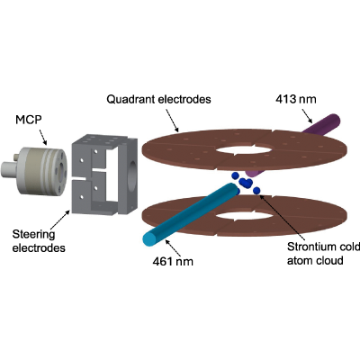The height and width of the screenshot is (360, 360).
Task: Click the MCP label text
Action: click(29, 120)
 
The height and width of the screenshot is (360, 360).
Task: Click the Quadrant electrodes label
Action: click(158, 99)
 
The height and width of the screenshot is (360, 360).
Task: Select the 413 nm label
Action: click(296, 99)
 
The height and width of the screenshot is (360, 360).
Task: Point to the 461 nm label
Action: click(173, 261)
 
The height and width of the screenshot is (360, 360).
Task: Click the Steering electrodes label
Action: click(39, 241)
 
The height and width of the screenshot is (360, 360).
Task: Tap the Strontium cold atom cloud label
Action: click(323, 254)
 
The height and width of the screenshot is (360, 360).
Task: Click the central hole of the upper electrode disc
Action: click(245, 149)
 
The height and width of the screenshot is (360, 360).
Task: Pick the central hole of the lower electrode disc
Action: click(245, 215)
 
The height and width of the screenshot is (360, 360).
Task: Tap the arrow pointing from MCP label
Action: click(43, 137)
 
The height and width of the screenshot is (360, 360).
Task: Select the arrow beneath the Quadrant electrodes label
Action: click(172, 121)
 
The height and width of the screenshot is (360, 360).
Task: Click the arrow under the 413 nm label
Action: click(307, 115)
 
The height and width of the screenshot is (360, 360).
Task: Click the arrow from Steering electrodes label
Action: click(59, 220)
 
